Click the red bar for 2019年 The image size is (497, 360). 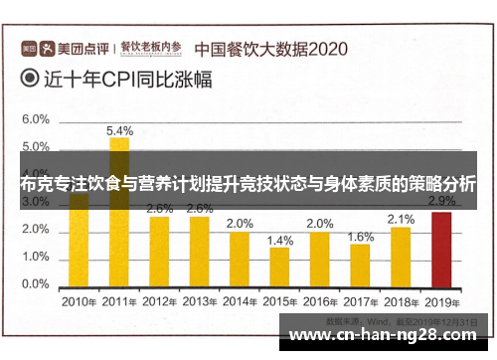[440, 249]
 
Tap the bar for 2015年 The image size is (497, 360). [279, 267]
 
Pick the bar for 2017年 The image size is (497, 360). [360, 264]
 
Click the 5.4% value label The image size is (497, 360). [119, 130]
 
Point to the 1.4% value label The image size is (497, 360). [280, 241]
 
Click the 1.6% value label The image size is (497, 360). [361, 237]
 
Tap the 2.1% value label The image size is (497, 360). [401, 219]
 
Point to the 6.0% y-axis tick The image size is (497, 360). [35, 119]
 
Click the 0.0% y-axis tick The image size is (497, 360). [35, 284]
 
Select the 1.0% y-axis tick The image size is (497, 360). [35, 257]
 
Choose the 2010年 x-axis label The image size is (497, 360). [79, 301]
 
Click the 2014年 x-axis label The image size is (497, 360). [240, 301]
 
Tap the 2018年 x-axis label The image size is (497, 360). [401, 301]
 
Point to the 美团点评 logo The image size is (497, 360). [66, 47]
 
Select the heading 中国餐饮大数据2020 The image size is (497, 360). [269, 47]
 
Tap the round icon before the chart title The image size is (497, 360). [30, 83]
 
